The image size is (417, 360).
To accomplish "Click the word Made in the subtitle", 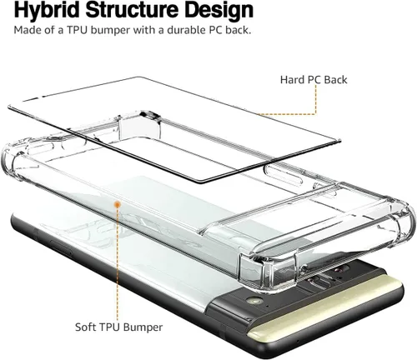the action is click(x=27, y=30).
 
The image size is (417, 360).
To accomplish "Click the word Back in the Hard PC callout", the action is click(x=335, y=80).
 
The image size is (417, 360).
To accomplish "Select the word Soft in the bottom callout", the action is click(x=85, y=327).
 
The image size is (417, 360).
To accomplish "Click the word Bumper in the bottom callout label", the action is click(x=143, y=327).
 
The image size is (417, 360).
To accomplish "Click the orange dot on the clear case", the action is click(x=118, y=205).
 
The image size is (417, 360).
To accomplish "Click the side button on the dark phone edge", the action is click(x=60, y=247).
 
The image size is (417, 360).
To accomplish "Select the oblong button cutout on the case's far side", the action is click(x=284, y=174).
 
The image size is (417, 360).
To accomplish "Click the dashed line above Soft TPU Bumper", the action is click(x=118, y=264).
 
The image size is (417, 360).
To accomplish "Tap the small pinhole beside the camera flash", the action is click(x=268, y=306).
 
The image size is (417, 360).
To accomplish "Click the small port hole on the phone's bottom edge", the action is click(x=298, y=340).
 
